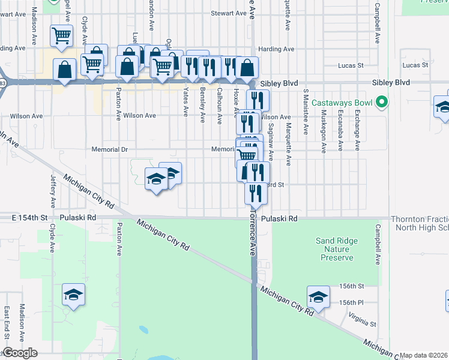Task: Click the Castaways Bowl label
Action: (x=347, y=103)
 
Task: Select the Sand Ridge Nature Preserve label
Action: (x=337, y=249)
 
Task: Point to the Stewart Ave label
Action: (x=228, y=13)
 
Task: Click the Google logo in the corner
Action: (x=20, y=353)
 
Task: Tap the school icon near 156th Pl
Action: (x=318, y=296)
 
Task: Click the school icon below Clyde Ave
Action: (x=73, y=294)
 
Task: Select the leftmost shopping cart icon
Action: (x=61, y=35)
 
